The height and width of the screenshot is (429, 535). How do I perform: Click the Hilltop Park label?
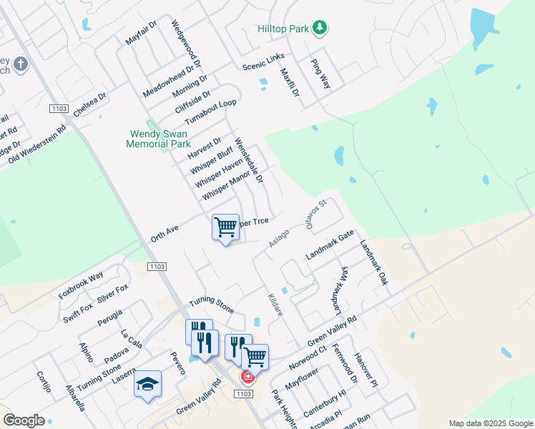283,29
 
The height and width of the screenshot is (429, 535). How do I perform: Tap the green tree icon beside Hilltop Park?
321,28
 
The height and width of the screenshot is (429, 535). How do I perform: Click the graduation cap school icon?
147,385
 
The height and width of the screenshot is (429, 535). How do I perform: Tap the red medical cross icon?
247,376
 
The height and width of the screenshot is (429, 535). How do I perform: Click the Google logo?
24,420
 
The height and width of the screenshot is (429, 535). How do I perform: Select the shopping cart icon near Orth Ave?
226,227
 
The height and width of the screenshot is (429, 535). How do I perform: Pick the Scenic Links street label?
263,61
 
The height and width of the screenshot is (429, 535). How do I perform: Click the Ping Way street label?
320,73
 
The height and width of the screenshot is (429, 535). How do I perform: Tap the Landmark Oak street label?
373,262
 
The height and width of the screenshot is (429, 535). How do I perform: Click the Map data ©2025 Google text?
490,423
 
